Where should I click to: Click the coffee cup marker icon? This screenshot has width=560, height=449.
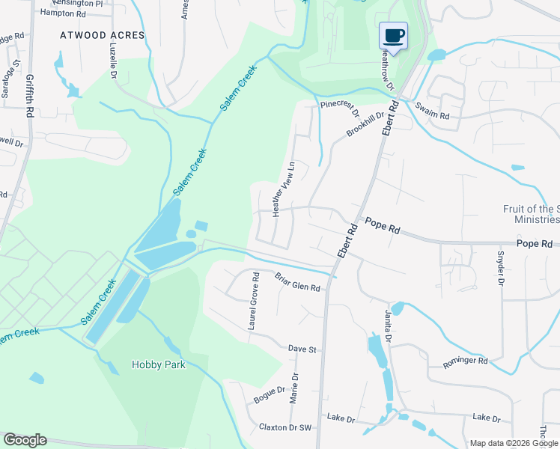coord(394,35)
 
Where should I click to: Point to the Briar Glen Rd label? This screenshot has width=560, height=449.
coord(297,282)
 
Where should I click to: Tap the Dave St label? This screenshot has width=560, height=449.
coord(303,349)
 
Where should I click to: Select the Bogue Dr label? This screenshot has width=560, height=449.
coord(270,394)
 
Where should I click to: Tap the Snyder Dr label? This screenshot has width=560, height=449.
coord(499,266)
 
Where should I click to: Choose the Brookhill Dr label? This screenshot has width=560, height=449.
coord(365,124)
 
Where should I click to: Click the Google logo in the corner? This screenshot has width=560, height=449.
coord(25,440)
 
